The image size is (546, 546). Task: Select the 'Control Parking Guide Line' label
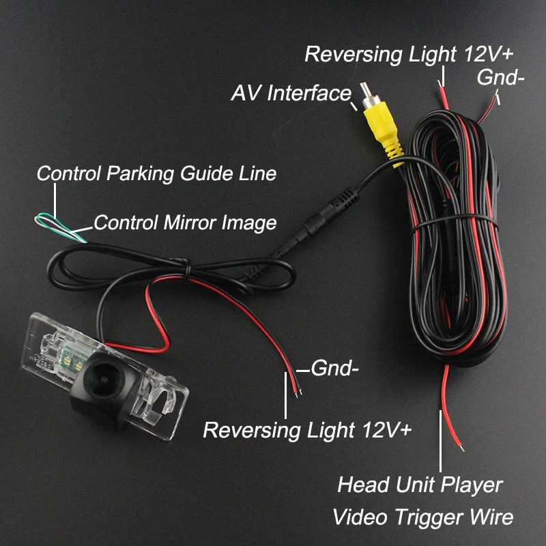pos(156,173)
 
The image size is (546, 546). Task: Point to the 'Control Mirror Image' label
pos(185,222)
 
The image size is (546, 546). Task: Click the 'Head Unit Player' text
pos(420,485)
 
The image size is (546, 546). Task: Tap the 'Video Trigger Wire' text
pos(422,517)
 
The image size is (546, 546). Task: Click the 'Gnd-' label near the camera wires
pos(334,369)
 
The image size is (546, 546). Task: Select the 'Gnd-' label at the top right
pos(500,78)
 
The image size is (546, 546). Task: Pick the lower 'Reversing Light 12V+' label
pos(307,430)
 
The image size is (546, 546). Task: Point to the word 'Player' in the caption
pos(469,485)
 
